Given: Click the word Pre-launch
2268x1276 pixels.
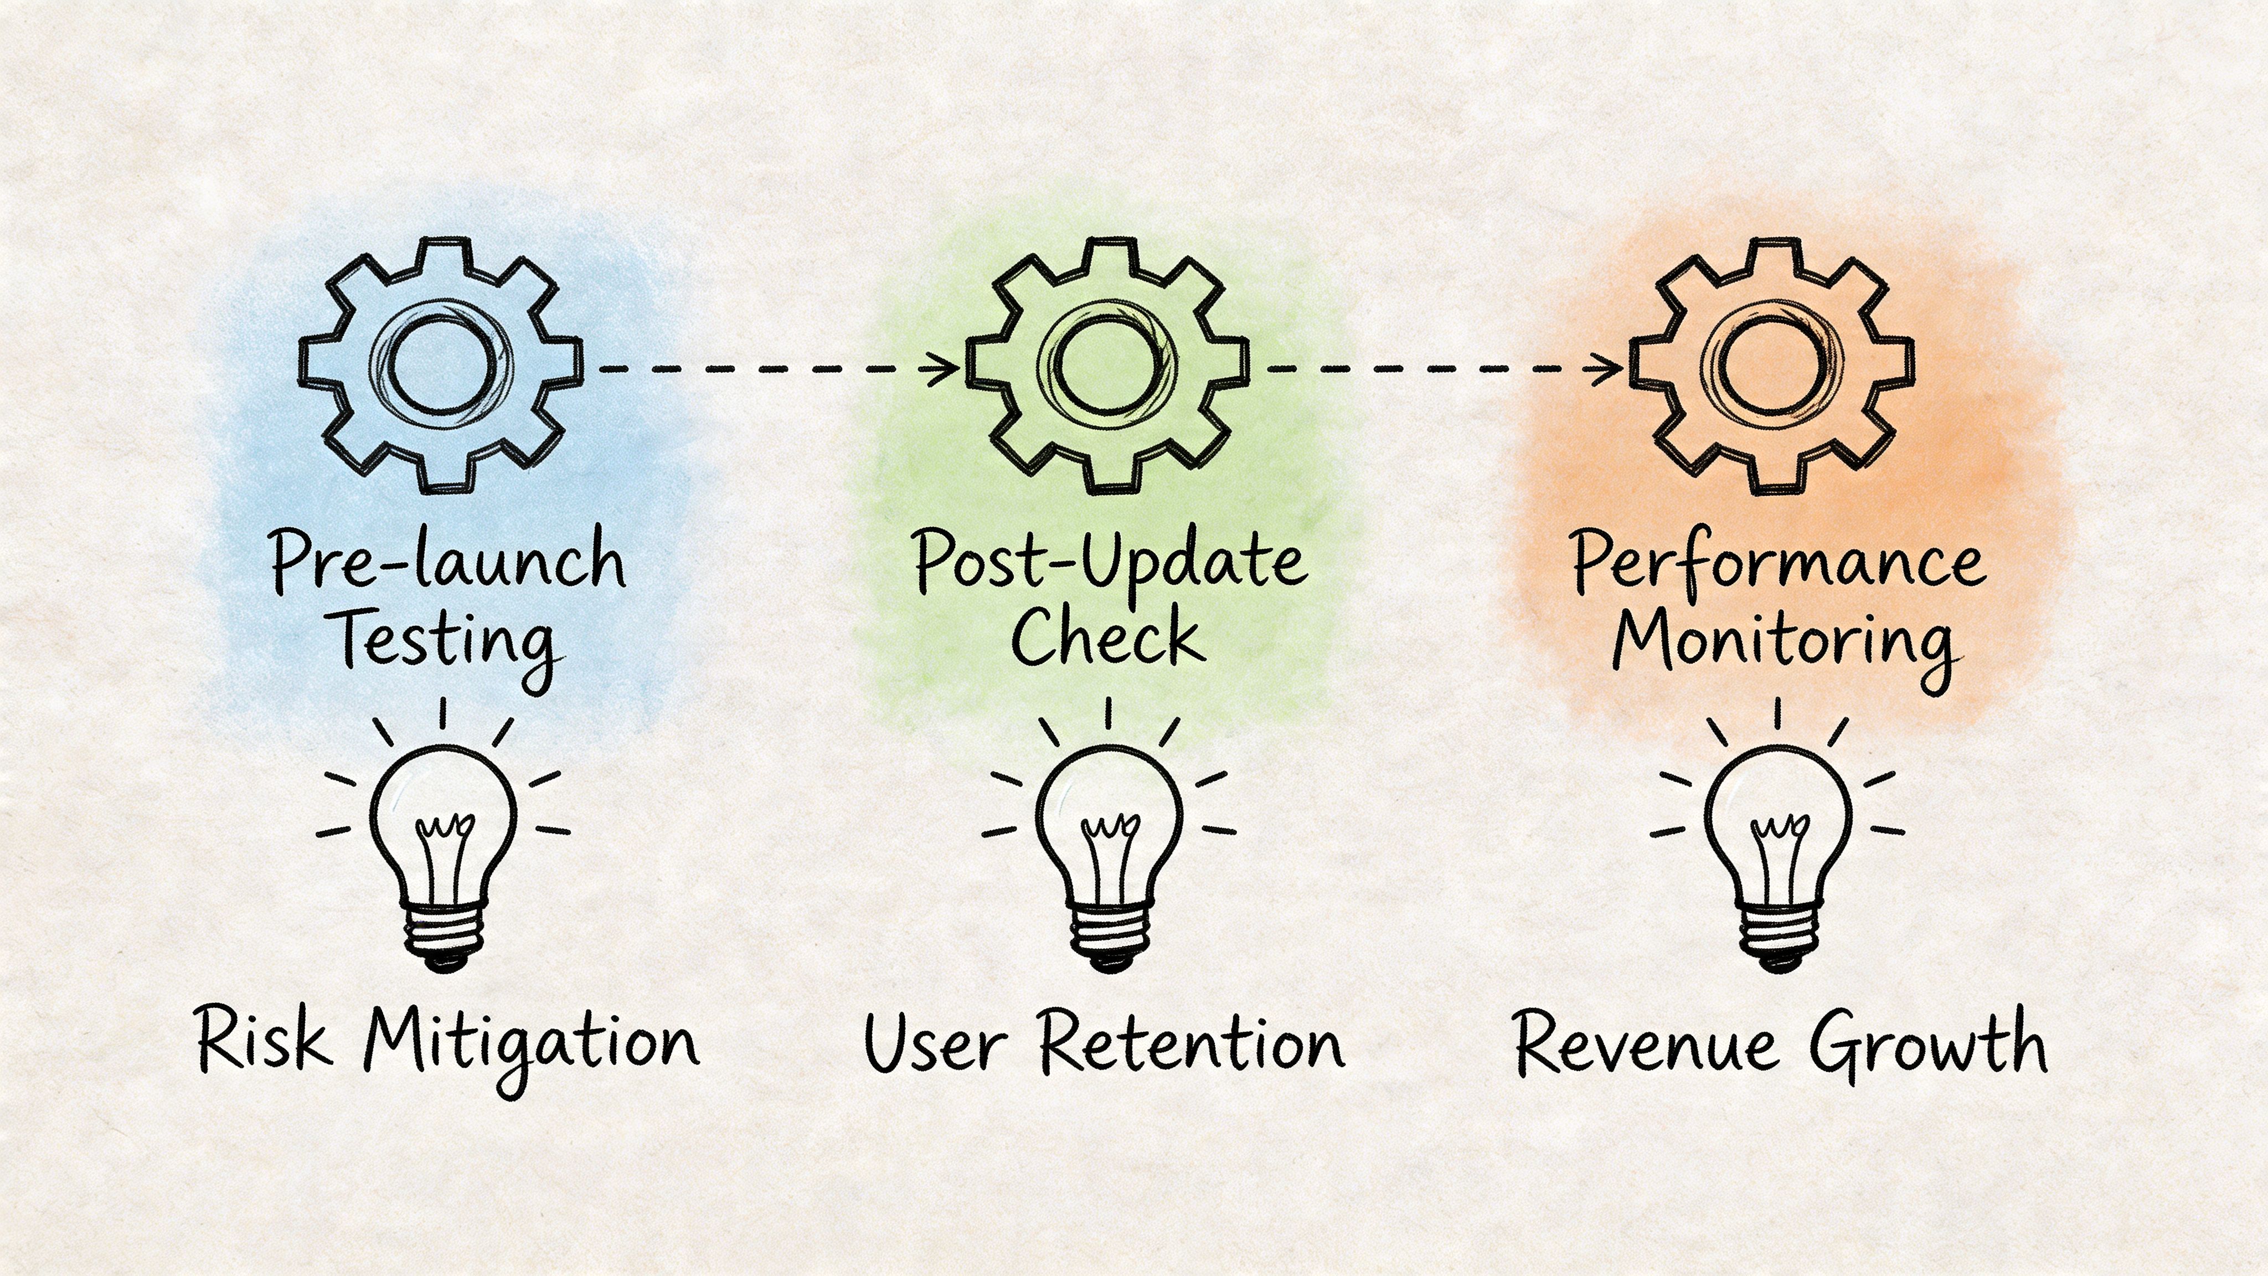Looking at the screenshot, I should click(447, 560).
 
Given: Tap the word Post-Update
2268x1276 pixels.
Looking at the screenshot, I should click(1109, 562).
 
